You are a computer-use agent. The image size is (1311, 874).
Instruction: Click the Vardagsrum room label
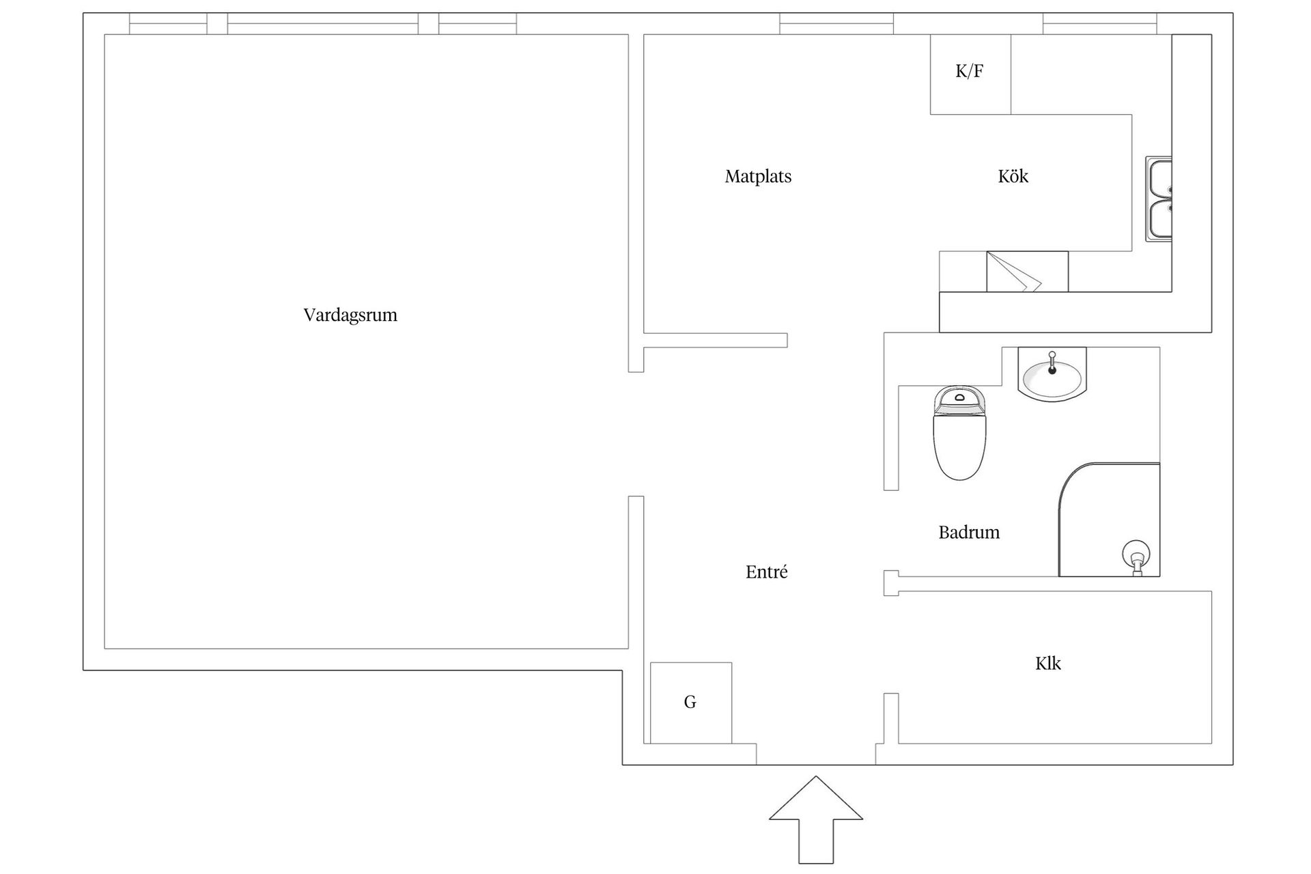pyautogui.click(x=350, y=315)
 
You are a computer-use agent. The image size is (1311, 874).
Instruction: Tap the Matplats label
pyautogui.click(x=758, y=176)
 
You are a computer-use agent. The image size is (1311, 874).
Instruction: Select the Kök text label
pyautogui.click(x=1013, y=176)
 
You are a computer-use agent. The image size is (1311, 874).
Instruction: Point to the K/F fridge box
pyautogui.click(x=970, y=74)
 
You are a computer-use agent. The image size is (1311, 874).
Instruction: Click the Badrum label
pyautogui.click(x=969, y=532)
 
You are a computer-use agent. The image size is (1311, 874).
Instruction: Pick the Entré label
pyautogui.click(x=766, y=572)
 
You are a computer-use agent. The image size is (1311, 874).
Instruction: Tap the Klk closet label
pyautogui.click(x=1047, y=663)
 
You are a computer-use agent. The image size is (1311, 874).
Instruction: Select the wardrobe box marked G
pyautogui.click(x=691, y=703)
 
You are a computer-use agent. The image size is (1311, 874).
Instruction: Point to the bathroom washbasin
pyautogui.click(x=1052, y=373)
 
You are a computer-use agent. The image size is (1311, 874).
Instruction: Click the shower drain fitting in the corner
pyautogui.click(x=1137, y=557)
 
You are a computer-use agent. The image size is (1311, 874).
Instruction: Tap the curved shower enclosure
pyautogui.click(x=1109, y=520)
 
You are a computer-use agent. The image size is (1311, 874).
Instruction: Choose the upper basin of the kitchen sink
pyautogui.click(x=1159, y=178)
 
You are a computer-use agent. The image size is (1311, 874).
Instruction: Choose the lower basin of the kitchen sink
pyautogui.click(x=1159, y=218)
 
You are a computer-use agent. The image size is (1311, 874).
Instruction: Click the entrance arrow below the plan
pyautogui.click(x=816, y=819)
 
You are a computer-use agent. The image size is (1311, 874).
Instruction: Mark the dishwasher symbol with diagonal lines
pyautogui.click(x=1027, y=271)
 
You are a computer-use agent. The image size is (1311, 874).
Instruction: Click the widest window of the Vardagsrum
pyautogui.click(x=322, y=23)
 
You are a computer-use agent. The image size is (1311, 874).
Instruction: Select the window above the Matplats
pyautogui.click(x=836, y=23)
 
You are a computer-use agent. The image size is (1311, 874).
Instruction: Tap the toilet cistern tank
pyautogui.click(x=959, y=399)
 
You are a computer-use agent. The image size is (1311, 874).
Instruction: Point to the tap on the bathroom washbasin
pyautogui.click(x=1052, y=363)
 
